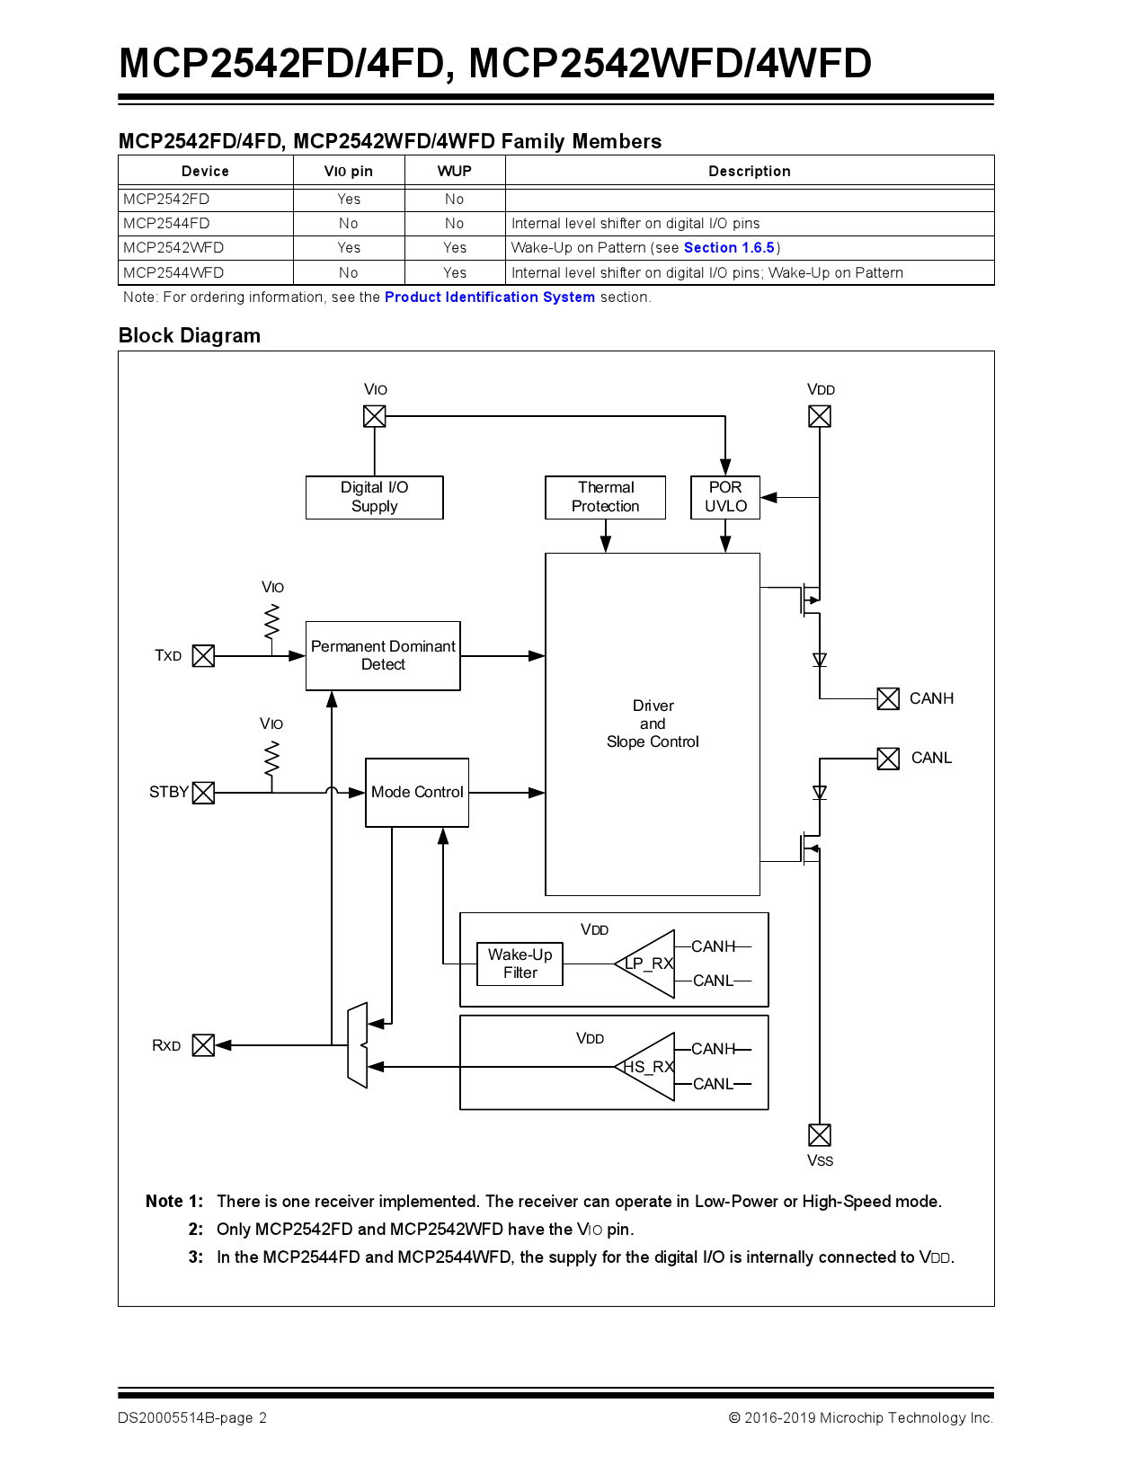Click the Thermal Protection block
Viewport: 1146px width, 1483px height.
tap(605, 497)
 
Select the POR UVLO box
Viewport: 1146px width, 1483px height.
tap(725, 497)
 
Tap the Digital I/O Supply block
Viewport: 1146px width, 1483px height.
tap(374, 497)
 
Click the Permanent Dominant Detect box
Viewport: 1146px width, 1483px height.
tap(383, 656)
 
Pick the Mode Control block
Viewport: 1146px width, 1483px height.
tap(417, 792)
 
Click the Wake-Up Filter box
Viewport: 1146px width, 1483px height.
tap(520, 964)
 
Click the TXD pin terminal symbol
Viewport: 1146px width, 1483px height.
tap(204, 656)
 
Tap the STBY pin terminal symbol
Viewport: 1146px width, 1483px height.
tap(204, 793)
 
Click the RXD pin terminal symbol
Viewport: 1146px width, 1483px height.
tap(204, 1045)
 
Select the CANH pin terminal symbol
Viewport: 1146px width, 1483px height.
tap(888, 698)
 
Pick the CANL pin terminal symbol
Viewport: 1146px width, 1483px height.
tap(888, 759)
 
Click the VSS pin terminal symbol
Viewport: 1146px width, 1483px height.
tap(820, 1134)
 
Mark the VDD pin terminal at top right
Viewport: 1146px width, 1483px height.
tap(820, 416)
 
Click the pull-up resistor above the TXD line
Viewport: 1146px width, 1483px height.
tap(271, 622)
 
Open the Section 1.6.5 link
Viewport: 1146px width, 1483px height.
tap(729, 248)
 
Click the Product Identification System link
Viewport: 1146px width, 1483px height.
tap(490, 297)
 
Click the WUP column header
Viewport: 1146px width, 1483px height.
tap(455, 171)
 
